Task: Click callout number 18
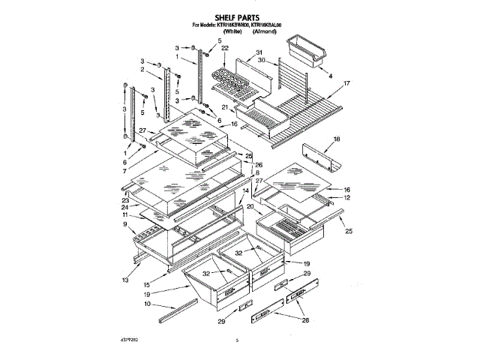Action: pyautogui.click(x=337, y=139)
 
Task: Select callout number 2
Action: pyautogui.click(x=141, y=69)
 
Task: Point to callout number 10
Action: pyautogui.click(x=148, y=304)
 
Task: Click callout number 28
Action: pyautogui.click(x=305, y=321)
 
